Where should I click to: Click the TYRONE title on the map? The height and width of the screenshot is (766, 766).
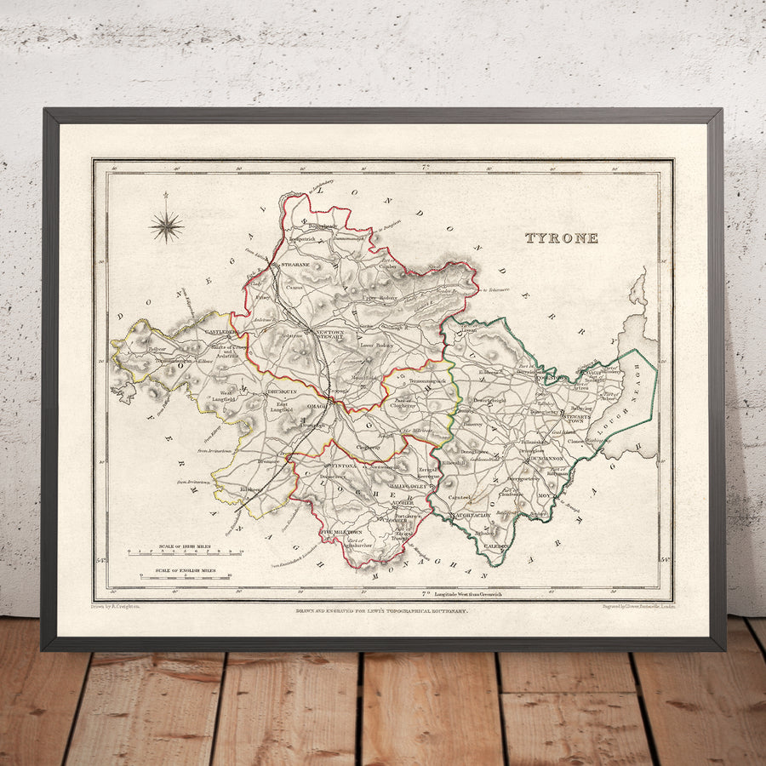[x=561, y=238]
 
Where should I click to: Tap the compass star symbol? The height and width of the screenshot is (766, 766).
[x=167, y=226]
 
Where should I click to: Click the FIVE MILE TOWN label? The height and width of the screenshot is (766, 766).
[x=340, y=531]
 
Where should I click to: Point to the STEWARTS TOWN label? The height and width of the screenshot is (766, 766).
[x=578, y=418]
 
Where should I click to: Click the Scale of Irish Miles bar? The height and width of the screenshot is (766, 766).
[x=186, y=552]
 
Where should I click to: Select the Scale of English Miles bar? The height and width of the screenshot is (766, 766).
[x=186, y=577]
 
